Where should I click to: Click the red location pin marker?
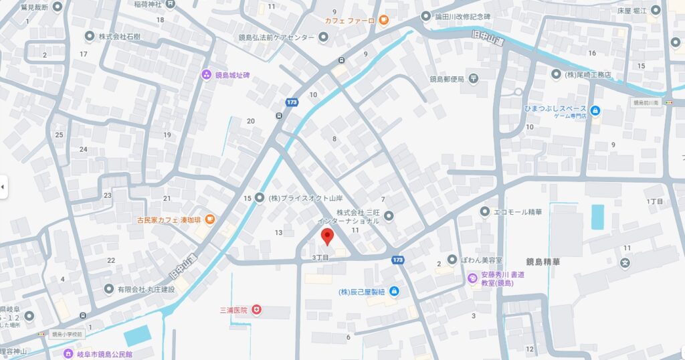pos(327,236)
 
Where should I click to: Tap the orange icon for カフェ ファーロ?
pos(383,20)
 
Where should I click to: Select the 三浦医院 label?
pos(233,310)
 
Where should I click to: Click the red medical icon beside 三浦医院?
pos(256,310)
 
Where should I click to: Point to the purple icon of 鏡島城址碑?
pos(206,74)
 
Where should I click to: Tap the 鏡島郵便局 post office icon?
pos(474,79)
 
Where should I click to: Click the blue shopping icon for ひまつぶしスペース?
pos(595,110)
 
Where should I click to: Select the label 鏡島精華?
pos(543,262)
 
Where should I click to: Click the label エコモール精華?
pos(518,212)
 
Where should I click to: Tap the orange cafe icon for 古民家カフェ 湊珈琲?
pos(209,219)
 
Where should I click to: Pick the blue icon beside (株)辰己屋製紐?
pos(394,291)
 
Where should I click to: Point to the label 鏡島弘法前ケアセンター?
pos(276,37)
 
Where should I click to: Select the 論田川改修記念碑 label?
pos(463,16)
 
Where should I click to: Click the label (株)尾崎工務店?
pos(588,74)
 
